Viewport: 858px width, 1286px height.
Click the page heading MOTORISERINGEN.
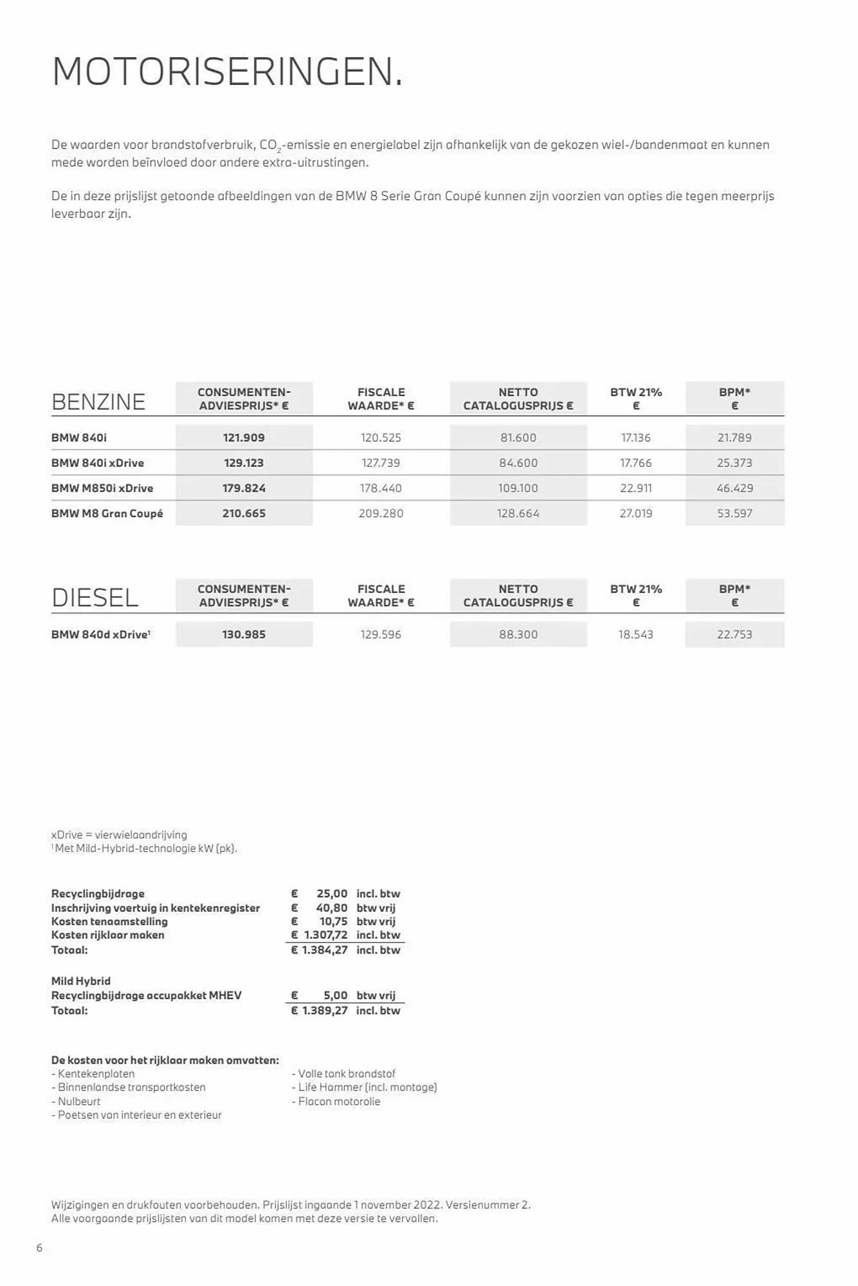[x=227, y=72]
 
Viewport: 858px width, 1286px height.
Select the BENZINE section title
[x=98, y=402]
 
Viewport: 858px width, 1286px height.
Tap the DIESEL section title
[x=95, y=598]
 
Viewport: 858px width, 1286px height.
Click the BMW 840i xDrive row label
[x=98, y=463]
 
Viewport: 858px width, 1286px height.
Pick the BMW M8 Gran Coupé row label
[x=107, y=514]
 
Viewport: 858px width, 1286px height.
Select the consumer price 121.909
[x=244, y=438]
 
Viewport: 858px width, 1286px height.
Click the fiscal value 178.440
[x=381, y=489]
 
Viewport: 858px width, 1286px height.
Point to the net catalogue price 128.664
[x=518, y=514]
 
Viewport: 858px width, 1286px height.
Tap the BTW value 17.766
[x=635, y=463]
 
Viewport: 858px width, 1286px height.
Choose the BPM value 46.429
[x=735, y=489]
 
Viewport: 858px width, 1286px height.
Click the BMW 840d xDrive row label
[x=100, y=635]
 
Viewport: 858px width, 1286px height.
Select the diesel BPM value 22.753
[x=735, y=635]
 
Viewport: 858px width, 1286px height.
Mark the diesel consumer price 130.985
[x=244, y=635]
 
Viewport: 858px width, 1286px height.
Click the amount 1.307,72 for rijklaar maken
[x=325, y=935]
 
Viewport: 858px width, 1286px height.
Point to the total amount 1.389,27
[x=325, y=1011]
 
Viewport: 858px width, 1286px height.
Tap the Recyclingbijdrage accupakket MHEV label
[x=146, y=995]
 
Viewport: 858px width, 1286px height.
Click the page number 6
[x=39, y=1248]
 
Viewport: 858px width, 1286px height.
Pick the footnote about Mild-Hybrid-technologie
[x=145, y=849]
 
